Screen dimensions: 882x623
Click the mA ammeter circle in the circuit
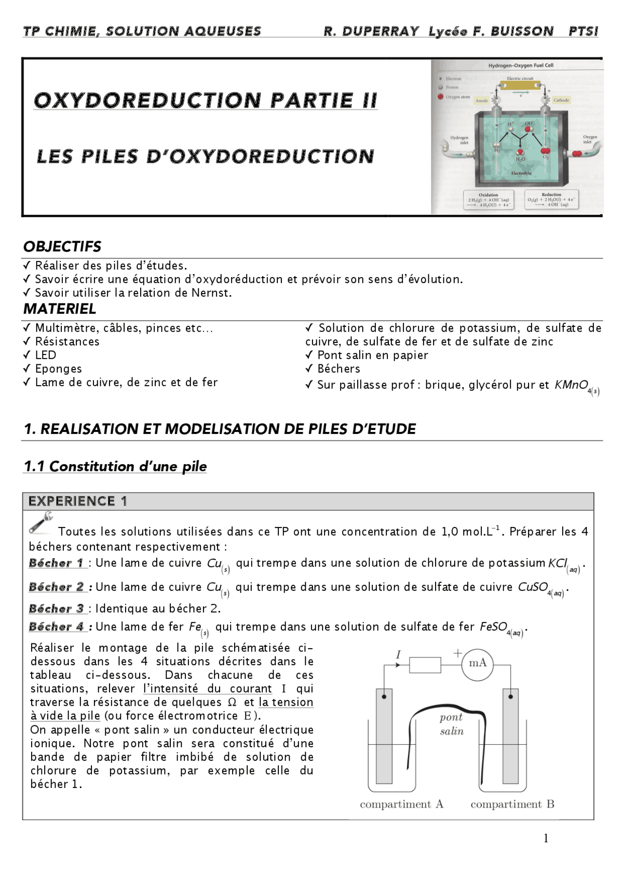477,663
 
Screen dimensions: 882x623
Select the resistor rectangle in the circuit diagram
425,665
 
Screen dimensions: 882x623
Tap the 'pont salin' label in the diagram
452,724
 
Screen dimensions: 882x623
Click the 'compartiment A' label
402,804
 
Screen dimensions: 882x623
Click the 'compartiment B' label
512,804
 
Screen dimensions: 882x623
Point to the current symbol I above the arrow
398,655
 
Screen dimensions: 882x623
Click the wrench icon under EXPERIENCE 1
41,523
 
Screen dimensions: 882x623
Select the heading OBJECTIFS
62,246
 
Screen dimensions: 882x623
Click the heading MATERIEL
60,309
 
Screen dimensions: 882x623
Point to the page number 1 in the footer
546,838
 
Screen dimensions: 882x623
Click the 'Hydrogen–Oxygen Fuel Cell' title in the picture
520,65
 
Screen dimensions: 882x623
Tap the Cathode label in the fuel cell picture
561,100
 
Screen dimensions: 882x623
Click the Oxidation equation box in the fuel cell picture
488,200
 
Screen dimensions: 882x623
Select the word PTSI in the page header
583,32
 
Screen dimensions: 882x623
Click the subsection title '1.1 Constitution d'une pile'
115,467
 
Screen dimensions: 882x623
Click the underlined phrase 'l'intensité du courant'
207,689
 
